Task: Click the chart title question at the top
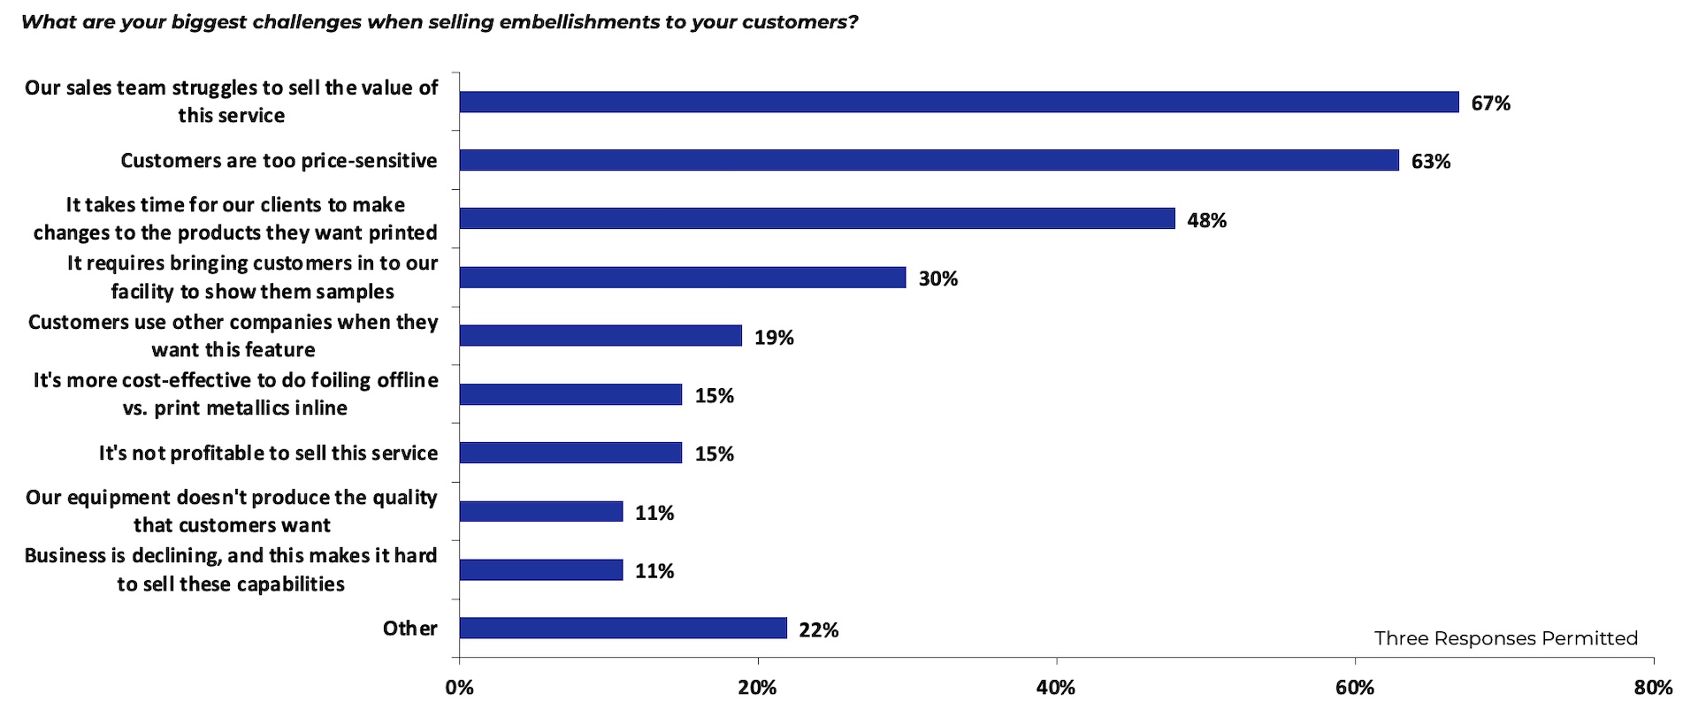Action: [x=440, y=22]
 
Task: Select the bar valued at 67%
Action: [x=959, y=102]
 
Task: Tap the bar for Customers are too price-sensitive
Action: [x=929, y=160]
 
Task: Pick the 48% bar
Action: [x=817, y=218]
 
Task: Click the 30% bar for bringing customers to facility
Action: [x=683, y=278]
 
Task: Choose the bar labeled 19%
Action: [x=600, y=336]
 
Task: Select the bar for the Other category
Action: [x=623, y=628]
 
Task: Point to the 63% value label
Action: [x=1430, y=162]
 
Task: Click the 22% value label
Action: [x=818, y=630]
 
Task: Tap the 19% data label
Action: [x=774, y=338]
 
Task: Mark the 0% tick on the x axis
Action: [x=459, y=688]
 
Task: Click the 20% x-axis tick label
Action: [x=757, y=688]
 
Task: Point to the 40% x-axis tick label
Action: [x=1056, y=688]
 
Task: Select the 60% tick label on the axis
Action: [x=1354, y=688]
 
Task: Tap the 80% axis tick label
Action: [x=1652, y=688]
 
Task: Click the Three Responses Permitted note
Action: [x=1505, y=638]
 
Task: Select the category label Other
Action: [x=409, y=629]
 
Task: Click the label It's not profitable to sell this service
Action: [x=268, y=454]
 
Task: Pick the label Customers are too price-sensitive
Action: [x=279, y=161]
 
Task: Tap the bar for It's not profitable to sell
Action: [x=570, y=453]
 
